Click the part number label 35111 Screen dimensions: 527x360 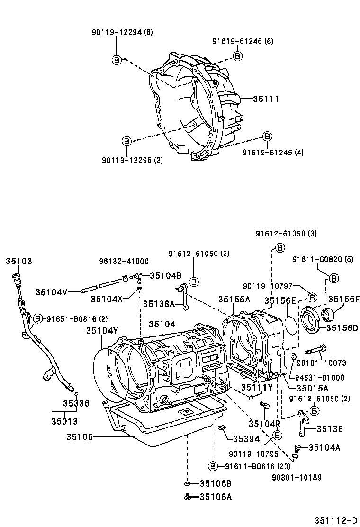click(266, 99)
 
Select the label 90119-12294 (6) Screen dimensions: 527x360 click(122, 32)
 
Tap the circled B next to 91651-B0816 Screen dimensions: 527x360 click(38, 319)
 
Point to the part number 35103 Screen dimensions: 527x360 click(19, 261)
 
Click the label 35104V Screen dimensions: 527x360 click(52, 292)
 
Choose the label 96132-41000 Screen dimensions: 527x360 click(124, 261)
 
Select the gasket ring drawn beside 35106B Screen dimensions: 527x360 click(188, 483)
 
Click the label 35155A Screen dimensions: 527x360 click(234, 300)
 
